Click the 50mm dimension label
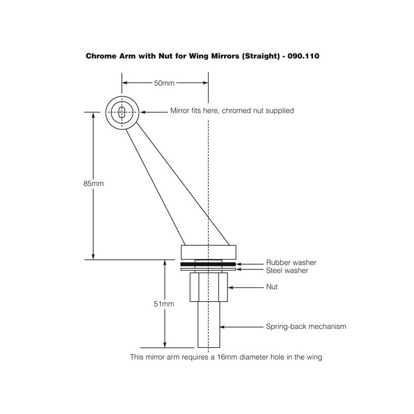click(x=164, y=83)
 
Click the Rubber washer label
click(x=291, y=263)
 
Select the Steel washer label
click(x=287, y=271)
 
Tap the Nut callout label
click(x=272, y=287)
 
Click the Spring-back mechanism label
click(x=306, y=327)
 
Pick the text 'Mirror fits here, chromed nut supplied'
click(x=232, y=111)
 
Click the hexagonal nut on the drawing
click(x=209, y=287)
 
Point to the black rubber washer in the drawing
click(x=209, y=265)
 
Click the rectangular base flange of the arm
click(x=209, y=252)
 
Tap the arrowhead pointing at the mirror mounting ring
click(x=145, y=112)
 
